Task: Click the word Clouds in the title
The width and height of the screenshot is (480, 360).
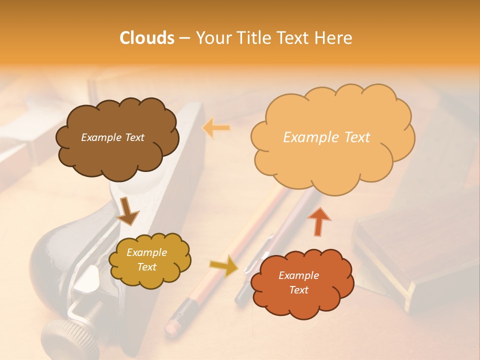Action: (147, 38)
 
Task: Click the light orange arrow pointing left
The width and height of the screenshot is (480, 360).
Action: (216, 128)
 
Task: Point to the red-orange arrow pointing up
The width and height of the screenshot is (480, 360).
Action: (318, 221)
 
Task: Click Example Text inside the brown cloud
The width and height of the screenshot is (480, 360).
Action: (112, 137)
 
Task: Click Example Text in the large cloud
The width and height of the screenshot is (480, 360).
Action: (326, 137)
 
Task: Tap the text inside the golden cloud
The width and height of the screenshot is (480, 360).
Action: (147, 259)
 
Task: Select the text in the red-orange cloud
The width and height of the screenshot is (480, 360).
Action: (298, 282)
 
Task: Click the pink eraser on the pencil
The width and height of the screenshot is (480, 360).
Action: (173, 326)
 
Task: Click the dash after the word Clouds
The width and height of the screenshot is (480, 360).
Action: (184, 38)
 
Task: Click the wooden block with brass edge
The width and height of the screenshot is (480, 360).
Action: (410, 260)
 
